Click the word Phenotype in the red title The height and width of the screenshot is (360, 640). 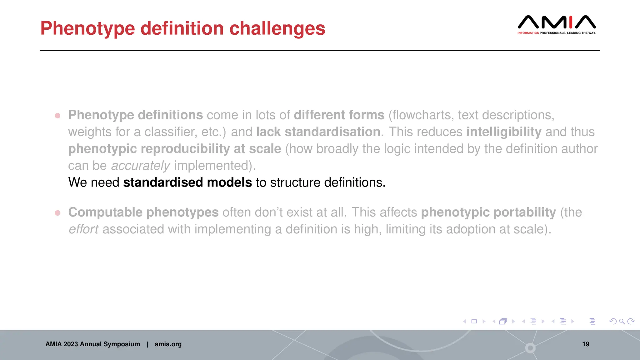87,29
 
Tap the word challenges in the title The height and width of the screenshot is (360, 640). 277,29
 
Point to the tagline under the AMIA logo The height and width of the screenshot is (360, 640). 557,33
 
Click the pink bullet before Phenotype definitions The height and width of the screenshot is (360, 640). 57,116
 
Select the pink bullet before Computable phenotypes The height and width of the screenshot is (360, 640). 57,213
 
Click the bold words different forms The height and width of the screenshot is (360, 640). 339,115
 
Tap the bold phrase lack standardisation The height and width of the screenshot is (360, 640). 318,132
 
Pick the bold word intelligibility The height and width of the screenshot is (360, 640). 504,132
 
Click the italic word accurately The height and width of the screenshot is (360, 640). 140,166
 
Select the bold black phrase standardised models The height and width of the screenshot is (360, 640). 187,182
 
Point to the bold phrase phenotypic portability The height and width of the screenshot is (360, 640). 488,212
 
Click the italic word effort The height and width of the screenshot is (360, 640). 83,229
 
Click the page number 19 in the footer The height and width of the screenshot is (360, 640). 586,344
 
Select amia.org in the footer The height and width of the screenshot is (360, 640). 168,344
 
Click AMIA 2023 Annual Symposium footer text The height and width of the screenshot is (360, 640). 92,344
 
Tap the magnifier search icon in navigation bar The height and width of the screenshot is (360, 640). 622,321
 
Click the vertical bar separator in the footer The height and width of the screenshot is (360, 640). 147,344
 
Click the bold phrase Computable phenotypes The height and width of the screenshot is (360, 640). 143,212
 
